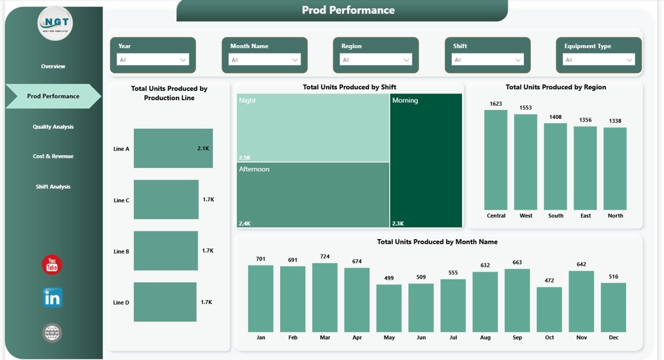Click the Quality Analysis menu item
pyautogui.click(x=53, y=127)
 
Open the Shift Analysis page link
pyautogui.click(x=53, y=187)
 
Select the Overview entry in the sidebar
pyautogui.click(x=53, y=66)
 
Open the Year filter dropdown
pyautogui.click(x=153, y=60)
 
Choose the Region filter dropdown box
pyautogui.click(x=376, y=60)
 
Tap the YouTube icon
pyautogui.click(x=52, y=265)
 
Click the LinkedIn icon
pyautogui.click(x=52, y=298)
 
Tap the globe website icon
pyautogui.click(x=52, y=333)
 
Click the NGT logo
pyautogui.click(x=56, y=23)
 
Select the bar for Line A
pyautogui.click(x=173, y=148)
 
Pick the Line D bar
pyautogui.click(x=165, y=302)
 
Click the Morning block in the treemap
pyautogui.click(x=426, y=160)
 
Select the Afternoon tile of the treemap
pyautogui.click(x=313, y=195)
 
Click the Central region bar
pyautogui.click(x=496, y=159)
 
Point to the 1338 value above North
pyautogui.click(x=615, y=121)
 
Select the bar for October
pyautogui.click(x=549, y=309)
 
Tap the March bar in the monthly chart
pyautogui.click(x=325, y=297)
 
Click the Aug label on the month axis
pyautogui.click(x=485, y=338)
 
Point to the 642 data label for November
pyautogui.click(x=582, y=265)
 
